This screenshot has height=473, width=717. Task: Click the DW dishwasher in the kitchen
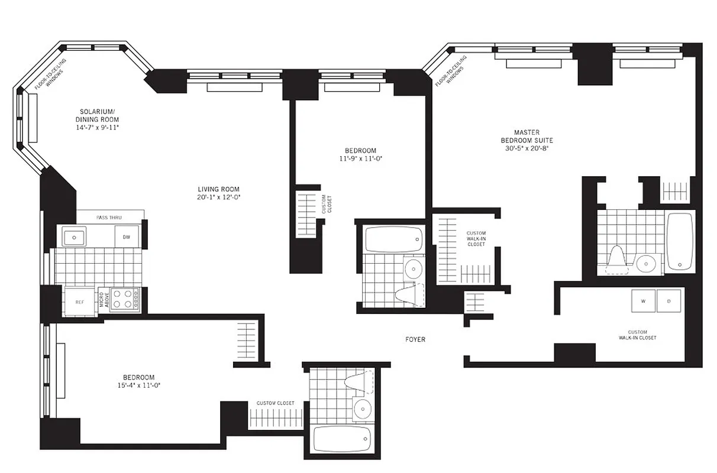[x=127, y=237]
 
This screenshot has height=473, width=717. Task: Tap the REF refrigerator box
[x=79, y=302]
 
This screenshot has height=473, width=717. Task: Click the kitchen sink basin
[x=75, y=237]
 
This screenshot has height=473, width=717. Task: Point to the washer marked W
[x=642, y=301]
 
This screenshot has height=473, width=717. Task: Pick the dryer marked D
[x=669, y=301]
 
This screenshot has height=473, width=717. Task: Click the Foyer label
[x=415, y=339]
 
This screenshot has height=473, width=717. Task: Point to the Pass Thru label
[x=109, y=218]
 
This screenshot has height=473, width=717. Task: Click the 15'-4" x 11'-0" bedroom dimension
[x=139, y=385]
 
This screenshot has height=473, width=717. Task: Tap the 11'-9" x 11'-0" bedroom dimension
[x=360, y=158]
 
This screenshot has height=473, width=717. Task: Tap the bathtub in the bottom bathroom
[x=342, y=439]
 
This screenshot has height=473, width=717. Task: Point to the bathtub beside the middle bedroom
[x=393, y=239]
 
